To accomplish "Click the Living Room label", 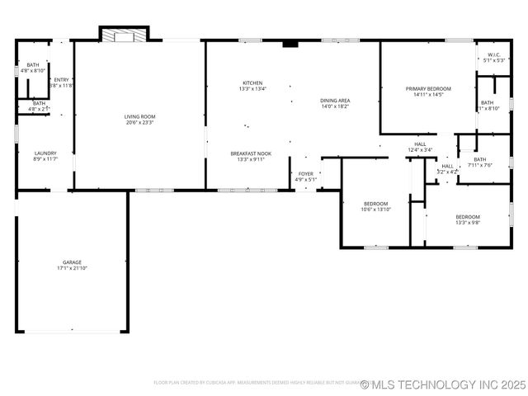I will click(139, 117).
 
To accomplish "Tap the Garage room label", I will click(73, 262).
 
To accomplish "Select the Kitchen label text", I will click(252, 82).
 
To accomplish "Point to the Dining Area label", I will click(335, 100).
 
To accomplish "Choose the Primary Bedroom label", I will click(428, 88).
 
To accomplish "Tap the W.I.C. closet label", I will click(494, 55).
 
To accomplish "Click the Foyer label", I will click(305, 174).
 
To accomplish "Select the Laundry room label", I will click(45, 153).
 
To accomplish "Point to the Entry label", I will click(62, 80).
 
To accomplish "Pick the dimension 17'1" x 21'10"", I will click(73, 268).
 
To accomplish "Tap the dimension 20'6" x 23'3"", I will click(139, 123).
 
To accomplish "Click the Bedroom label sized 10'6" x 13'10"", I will click(375, 204).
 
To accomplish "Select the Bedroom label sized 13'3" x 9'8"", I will click(467, 217).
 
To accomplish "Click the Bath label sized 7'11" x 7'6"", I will click(479, 159).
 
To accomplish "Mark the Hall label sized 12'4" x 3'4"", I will click(420, 144).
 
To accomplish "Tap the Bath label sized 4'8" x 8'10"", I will click(32, 65).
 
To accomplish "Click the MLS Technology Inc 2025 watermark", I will click(442, 384).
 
